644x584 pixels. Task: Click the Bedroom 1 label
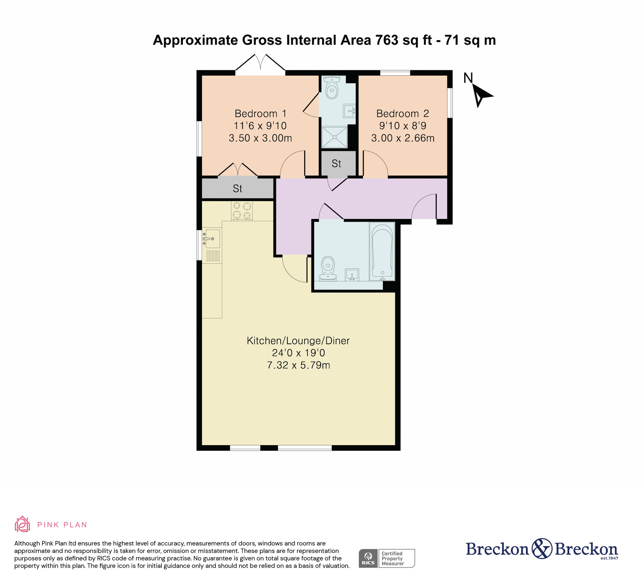(260, 113)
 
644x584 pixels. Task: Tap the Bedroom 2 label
(403, 113)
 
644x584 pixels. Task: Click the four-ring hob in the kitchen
(242, 211)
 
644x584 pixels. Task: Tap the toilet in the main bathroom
(328, 268)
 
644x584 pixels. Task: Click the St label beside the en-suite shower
(336, 164)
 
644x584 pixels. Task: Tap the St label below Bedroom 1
(237, 188)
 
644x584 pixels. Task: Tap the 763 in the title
(387, 40)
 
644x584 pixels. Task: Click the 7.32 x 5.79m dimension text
(298, 365)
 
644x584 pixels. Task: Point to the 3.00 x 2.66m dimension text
(403, 138)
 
